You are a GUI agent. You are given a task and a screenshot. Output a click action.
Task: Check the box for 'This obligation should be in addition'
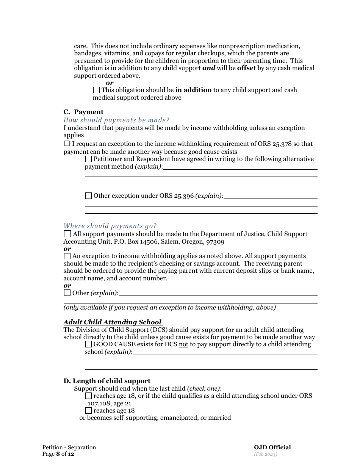pyautogui.click(x=96, y=90)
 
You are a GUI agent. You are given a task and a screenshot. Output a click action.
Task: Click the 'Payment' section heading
pyautogui.click(x=89, y=112)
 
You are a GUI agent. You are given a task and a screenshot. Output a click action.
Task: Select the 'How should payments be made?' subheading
pyautogui.click(x=116, y=120)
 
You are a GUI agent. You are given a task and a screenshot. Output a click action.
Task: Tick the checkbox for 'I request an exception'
pyautogui.click(x=67, y=144)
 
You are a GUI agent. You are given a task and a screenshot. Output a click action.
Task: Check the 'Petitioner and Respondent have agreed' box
pyautogui.click(x=88, y=159)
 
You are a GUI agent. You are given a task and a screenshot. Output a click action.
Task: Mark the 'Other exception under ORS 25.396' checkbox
pyautogui.click(x=88, y=196)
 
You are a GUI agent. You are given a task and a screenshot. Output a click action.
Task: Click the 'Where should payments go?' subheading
pyautogui.click(x=110, y=226)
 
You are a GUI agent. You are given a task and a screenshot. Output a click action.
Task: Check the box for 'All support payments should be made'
pyautogui.click(x=67, y=234)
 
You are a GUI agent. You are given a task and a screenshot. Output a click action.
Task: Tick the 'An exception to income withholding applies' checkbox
pyautogui.click(x=67, y=256)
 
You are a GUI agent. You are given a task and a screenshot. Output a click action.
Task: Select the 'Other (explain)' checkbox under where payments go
pyautogui.click(x=67, y=293)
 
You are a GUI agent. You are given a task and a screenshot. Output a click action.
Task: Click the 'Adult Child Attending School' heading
pyautogui.click(x=113, y=322)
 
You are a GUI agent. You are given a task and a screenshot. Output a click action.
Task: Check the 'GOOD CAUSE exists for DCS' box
pyautogui.click(x=88, y=344)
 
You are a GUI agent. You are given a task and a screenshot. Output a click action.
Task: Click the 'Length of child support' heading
pyautogui.click(x=111, y=381)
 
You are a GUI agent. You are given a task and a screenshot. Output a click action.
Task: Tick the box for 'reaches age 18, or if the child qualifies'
pyautogui.click(x=88, y=396)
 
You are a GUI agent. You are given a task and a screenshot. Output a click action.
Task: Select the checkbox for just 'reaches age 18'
pyautogui.click(x=88, y=411)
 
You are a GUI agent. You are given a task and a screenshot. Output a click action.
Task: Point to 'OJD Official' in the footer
pyautogui.click(x=272, y=447)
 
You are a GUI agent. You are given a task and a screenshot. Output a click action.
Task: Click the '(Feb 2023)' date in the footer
pyautogui.click(x=265, y=454)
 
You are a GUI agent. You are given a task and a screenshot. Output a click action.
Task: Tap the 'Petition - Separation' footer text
pyautogui.click(x=69, y=447)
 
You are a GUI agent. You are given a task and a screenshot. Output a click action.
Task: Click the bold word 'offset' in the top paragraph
pyautogui.click(x=246, y=68)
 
